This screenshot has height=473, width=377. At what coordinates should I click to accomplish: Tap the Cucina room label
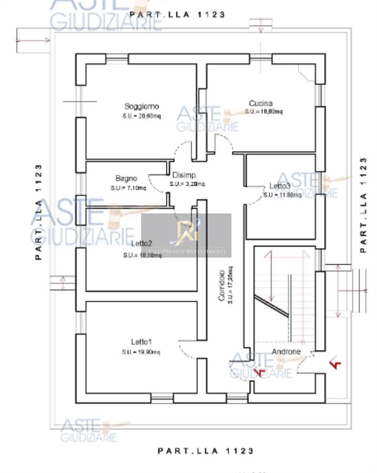pos(261,103)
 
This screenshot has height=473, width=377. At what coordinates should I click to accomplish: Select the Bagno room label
pos(126,178)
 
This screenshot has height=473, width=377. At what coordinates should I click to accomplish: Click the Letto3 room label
pos(280,186)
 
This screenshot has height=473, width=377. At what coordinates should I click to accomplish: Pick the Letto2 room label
pos(142,243)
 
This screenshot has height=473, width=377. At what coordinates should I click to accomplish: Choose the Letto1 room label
pos(142,342)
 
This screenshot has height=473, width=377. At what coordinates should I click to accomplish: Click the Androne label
pos(286,352)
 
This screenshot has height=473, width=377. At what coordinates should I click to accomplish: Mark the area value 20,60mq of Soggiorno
pos(142,116)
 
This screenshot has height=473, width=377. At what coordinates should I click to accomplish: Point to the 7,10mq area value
pos(128,188)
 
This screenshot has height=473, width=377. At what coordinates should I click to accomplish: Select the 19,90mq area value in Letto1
pos(142,352)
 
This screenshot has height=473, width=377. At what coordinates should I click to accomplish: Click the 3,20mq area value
pos(187,184)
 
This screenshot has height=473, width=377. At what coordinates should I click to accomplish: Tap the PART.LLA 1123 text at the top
pos(177,15)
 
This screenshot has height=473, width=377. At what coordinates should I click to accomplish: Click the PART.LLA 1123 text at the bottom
pos(206,450)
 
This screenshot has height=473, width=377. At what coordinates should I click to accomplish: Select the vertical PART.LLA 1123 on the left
pos(38,212)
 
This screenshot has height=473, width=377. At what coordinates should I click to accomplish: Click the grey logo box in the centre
pos(186,235)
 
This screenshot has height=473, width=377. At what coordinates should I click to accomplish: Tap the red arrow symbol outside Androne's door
pos(334,363)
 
